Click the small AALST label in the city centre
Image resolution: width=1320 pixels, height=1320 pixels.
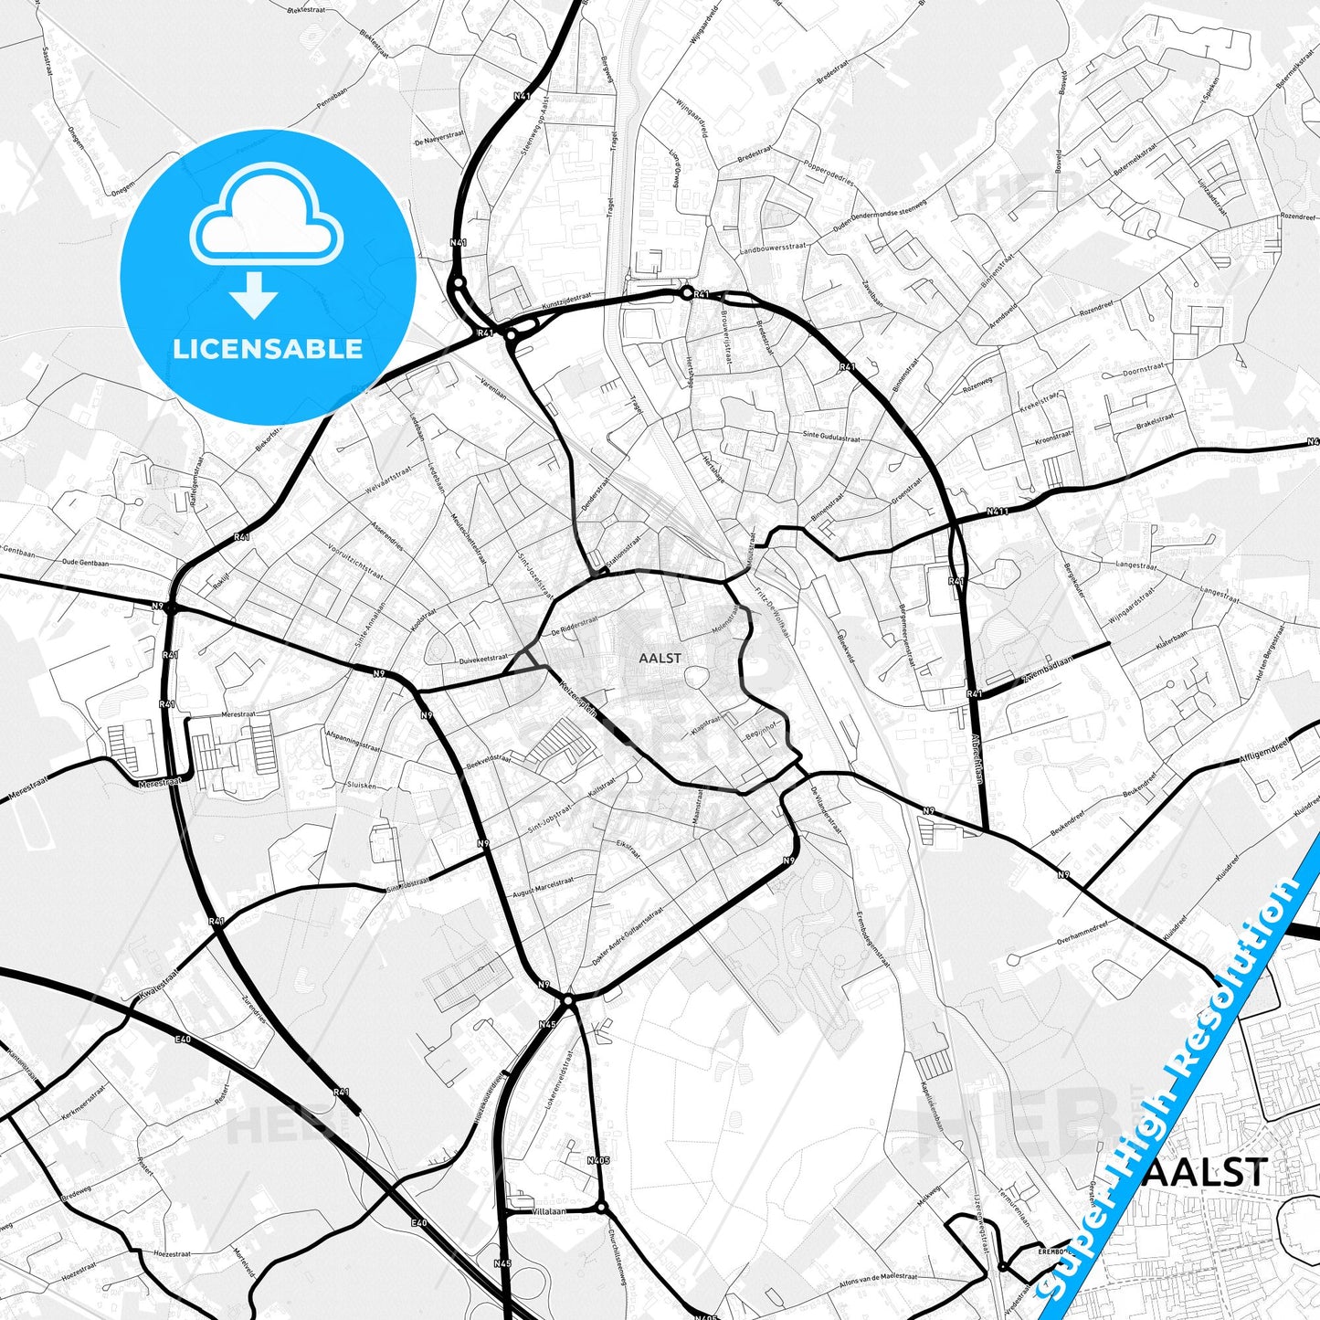click(x=660, y=658)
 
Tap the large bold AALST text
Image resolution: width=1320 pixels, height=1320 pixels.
click(x=1205, y=1172)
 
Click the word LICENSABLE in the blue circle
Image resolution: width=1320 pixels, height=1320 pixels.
click(x=268, y=349)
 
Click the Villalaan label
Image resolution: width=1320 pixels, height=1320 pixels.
click(x=548, y=1211)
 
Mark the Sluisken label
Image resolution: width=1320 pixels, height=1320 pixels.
click(x=361, y=785)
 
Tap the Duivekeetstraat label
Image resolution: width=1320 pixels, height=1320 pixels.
click(x=483, y=658)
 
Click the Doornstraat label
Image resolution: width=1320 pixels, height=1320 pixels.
click(x=1144, y=369)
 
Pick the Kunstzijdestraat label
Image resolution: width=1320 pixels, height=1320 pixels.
click(x=566, y=300)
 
